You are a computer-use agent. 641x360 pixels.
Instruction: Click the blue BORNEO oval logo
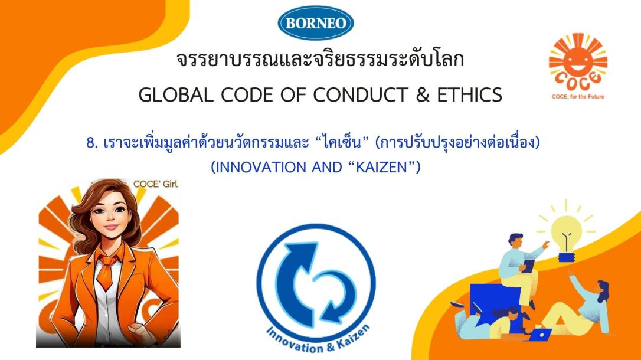(x=316, y=23)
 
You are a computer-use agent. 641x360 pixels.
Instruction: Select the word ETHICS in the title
(x=470, y=95)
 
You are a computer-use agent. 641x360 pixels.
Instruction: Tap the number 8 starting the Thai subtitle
(x=91, y=143)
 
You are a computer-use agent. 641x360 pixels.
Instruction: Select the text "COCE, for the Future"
(x=578, y=97)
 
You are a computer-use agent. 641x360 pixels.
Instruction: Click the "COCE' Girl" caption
(x=155, y=184)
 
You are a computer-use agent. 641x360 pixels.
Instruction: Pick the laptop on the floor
(x=539, y=334)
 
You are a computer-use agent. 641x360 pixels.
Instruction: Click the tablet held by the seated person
(x=528, y=266)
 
